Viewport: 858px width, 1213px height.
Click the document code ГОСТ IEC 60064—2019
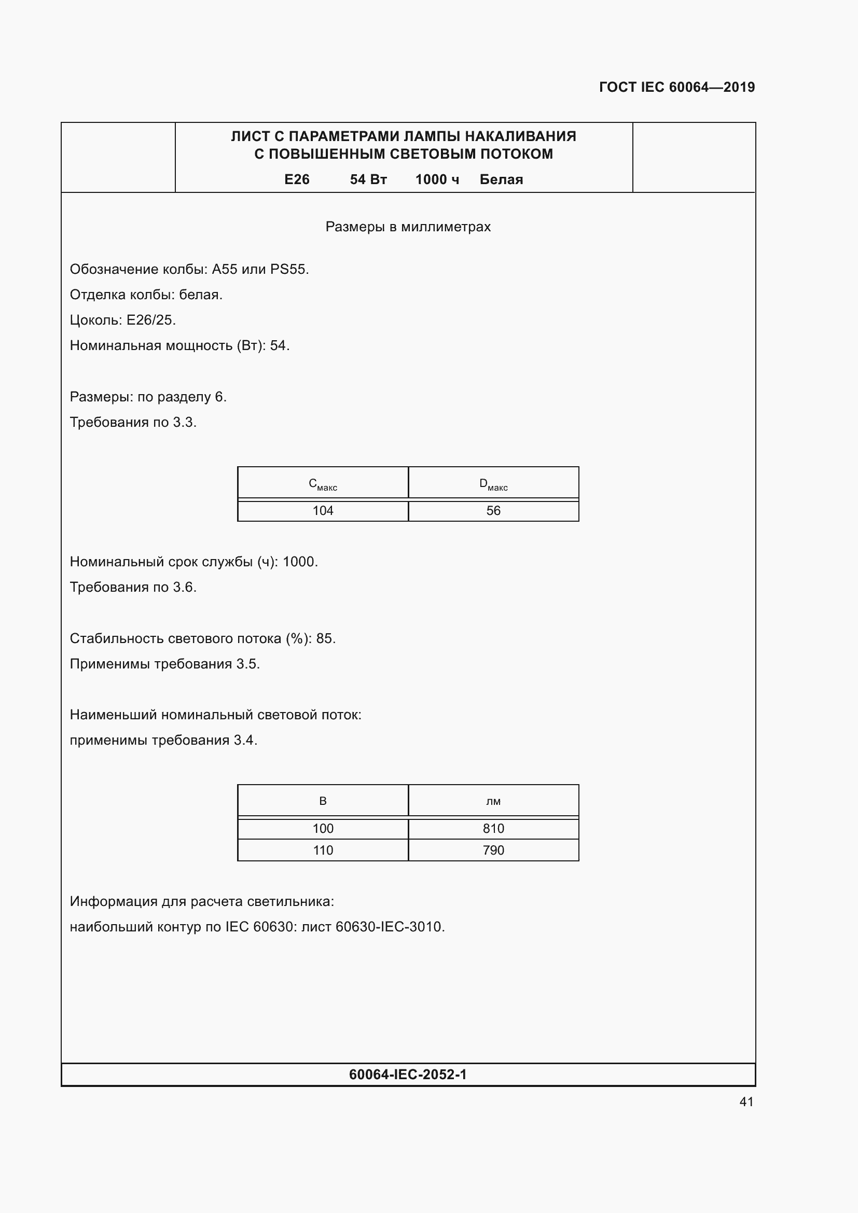677,87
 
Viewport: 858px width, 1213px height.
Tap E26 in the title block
296,179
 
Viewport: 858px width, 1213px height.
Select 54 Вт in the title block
368,179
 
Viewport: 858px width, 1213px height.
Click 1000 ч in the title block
437,179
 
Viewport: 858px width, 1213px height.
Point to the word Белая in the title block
501,179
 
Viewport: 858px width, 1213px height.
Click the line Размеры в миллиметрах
408,227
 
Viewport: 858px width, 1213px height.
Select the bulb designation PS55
288,270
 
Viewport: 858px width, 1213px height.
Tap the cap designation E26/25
150,320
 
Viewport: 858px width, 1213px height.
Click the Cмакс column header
323,484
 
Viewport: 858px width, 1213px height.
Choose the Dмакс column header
493,484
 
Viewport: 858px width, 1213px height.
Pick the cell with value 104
323,511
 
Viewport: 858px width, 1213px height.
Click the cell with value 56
493,511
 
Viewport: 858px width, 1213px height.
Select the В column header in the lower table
323,801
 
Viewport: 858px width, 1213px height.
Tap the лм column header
493,801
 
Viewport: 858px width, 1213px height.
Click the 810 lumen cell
493,828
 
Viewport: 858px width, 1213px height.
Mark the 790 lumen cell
493,850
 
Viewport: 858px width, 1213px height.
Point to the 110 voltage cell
323,850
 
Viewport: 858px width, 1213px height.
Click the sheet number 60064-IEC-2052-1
408,1075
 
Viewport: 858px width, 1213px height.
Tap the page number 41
746,1102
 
